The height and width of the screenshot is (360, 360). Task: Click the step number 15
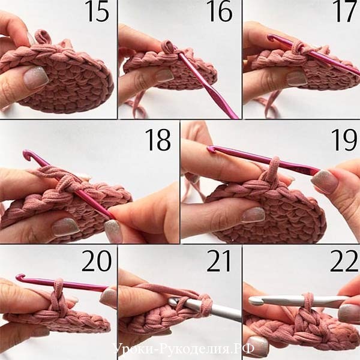click(98, 11)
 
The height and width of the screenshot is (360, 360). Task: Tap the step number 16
click(219, 11)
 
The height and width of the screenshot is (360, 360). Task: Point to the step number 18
click(158, 140)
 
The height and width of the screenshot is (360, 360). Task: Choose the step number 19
click(344, 140)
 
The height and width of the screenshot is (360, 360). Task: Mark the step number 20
click(97, 261)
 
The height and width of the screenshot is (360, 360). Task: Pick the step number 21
click(219, 261)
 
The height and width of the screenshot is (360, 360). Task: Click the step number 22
click(344, 261)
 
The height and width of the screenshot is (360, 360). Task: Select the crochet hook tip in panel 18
click(26, 154)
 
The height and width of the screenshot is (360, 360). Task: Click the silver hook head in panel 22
click(256, 301)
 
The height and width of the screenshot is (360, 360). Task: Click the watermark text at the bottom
click(184, 349)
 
